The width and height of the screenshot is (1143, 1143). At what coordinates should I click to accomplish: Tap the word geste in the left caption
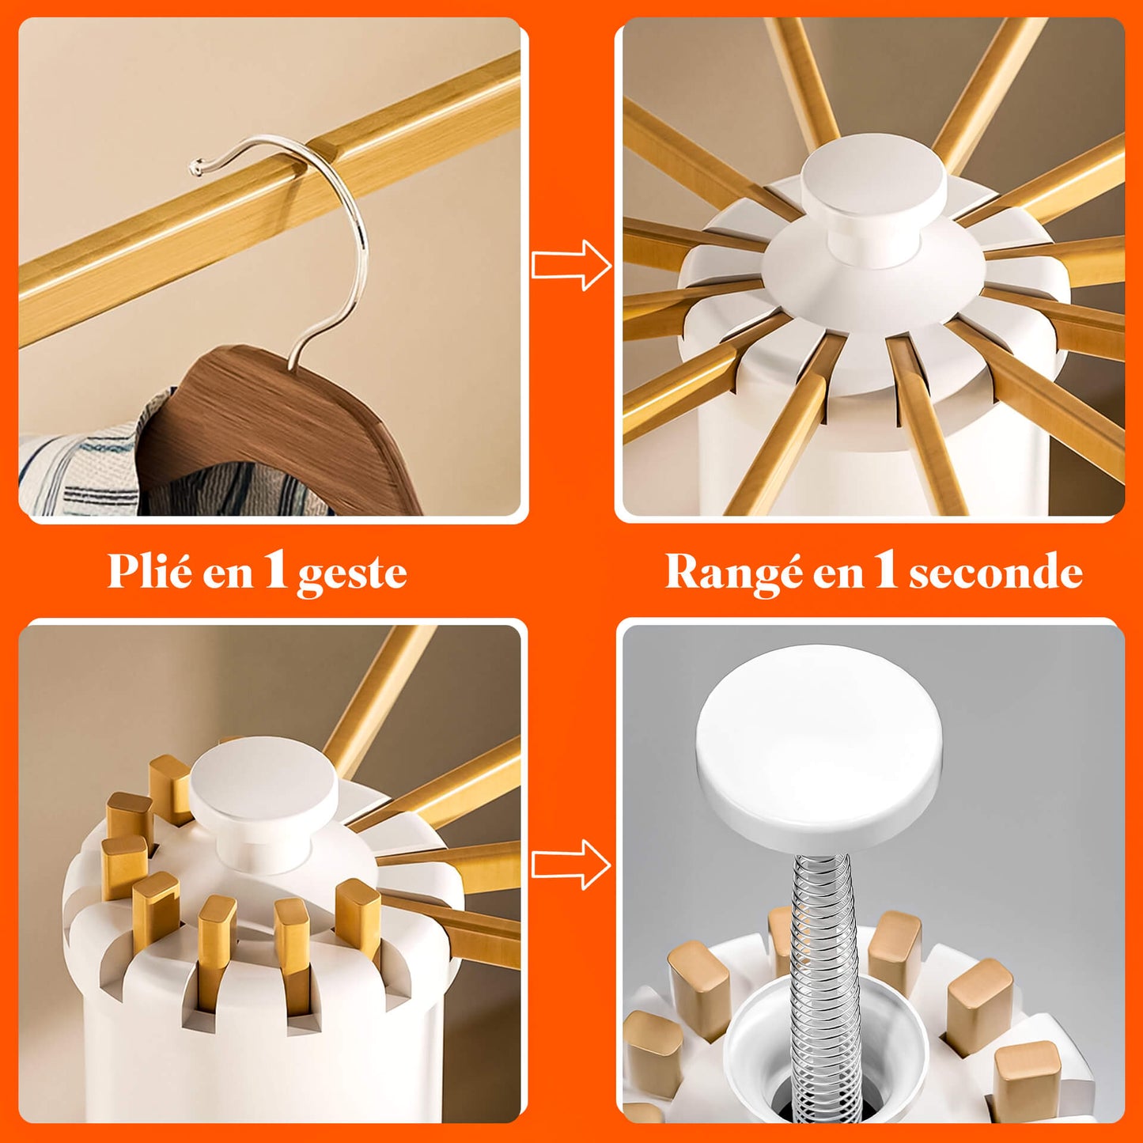pos(352,575)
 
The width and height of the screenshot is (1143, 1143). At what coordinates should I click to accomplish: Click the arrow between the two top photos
pos(571,264)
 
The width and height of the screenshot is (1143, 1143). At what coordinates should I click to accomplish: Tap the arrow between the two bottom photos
pos(571,865)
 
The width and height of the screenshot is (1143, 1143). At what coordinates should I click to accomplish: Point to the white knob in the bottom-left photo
pos(264,795)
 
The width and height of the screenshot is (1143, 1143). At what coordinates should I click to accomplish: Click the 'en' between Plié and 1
pos(229,576)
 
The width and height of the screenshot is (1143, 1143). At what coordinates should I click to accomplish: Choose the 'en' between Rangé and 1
pos(838,576)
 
